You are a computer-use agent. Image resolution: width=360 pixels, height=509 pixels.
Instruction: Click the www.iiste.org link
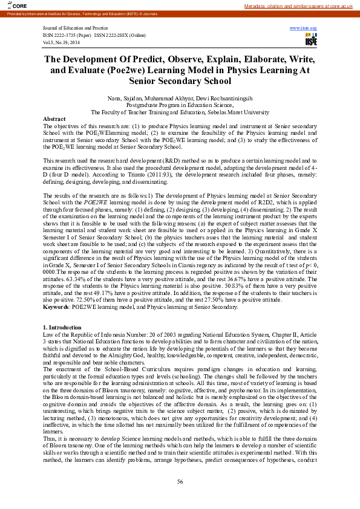pyautogui.click(x=303, y=28)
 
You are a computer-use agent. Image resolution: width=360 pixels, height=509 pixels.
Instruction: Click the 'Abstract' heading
pyautogui.click(x=54, y=119)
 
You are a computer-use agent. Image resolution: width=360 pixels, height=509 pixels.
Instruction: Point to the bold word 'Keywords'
pyautogui.click(x=56, y=307)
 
